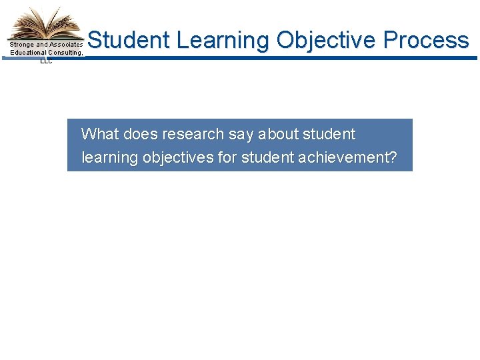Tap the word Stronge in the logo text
(x=22, y=45)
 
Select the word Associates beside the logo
(x=65, y=45)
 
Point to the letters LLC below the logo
(x=45, y=61)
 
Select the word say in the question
(x=241, y=134)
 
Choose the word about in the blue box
(x=279, y=134)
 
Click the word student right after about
(x=329, y=134)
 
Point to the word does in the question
(x=140, y=134)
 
